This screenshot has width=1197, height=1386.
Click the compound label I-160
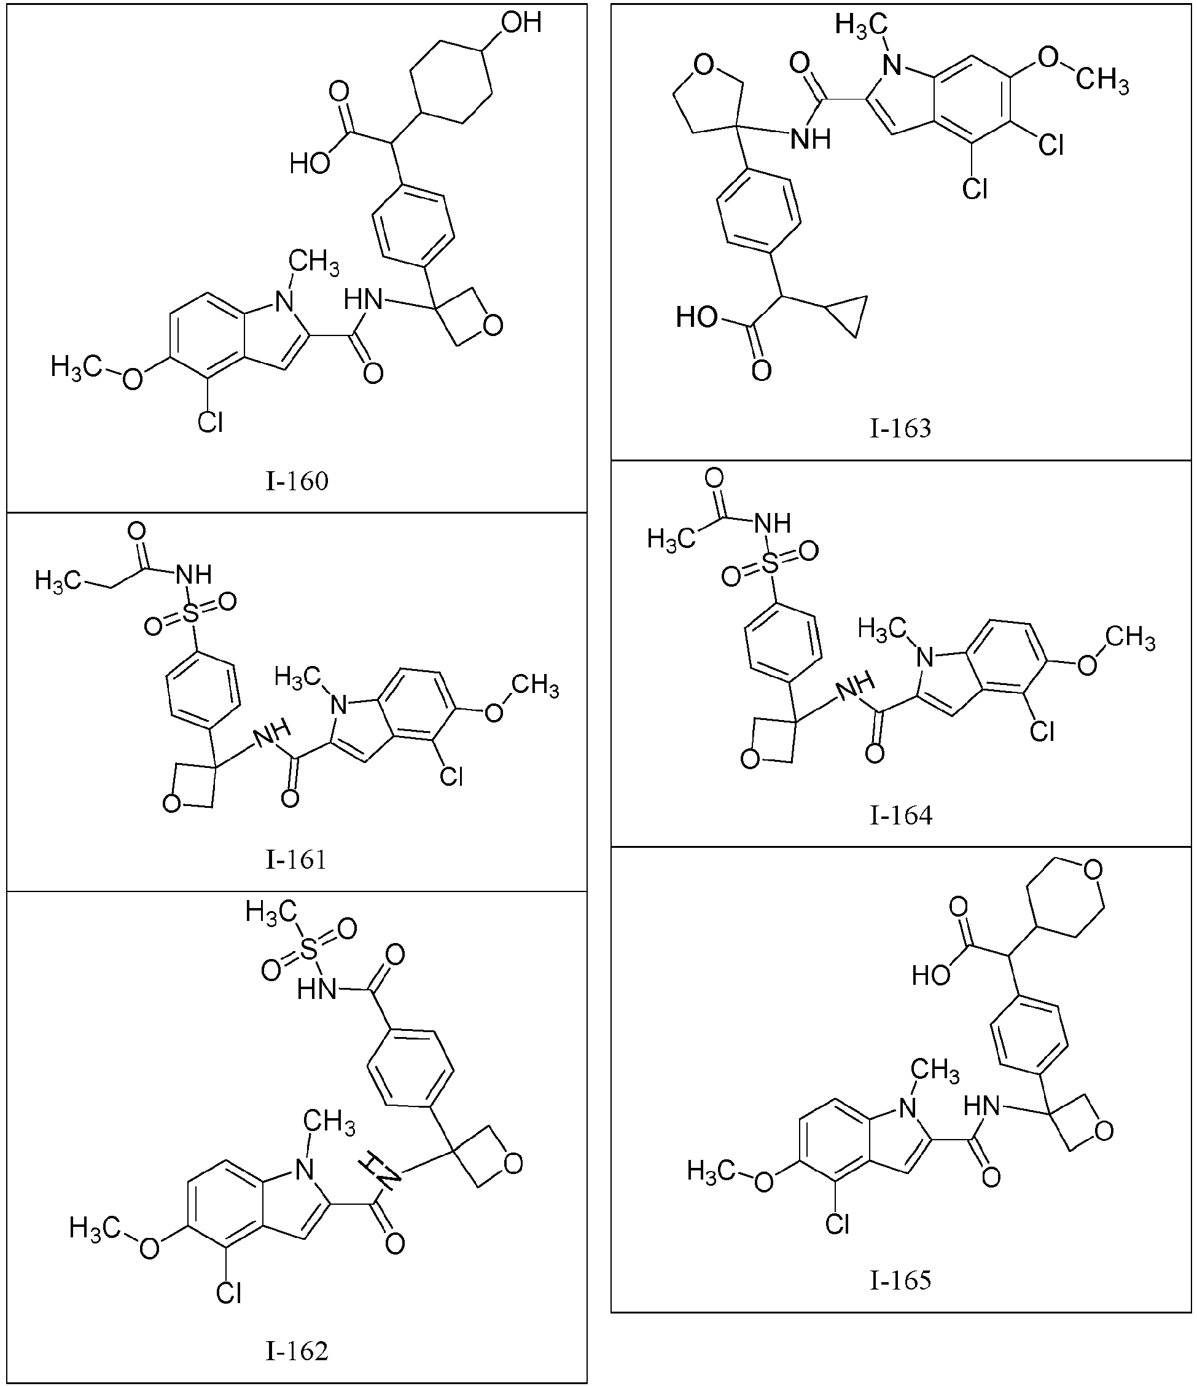click(297, 481)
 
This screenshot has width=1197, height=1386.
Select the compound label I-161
click(296, 859)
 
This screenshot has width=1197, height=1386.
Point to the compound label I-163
click(900, 428)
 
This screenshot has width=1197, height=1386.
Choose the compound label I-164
click(900, 815)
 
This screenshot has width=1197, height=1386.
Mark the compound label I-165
click(900, 1280)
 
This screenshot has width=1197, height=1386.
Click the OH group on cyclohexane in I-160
click(521, 23)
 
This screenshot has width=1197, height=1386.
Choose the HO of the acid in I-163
click(698, 316)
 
